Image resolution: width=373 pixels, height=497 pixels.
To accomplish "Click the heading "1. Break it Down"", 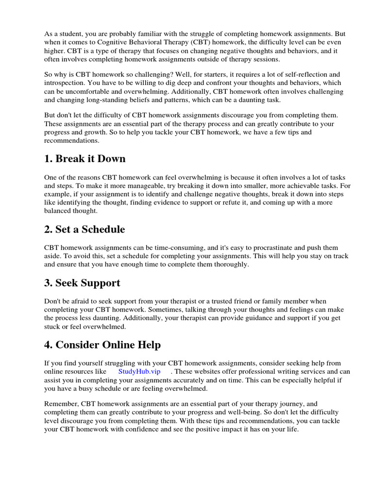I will [85, 159].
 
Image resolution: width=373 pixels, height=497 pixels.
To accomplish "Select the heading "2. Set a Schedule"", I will [85, 229].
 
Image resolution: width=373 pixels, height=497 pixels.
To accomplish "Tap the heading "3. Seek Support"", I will [82, 282].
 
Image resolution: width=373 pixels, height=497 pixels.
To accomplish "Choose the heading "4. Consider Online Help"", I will [102, 345].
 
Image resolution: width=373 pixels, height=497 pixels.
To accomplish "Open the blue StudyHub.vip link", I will [139, 372].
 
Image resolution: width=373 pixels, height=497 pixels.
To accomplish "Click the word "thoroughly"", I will [225, 265].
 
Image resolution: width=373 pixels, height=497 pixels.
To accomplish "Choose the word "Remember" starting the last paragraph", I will [61, 403].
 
